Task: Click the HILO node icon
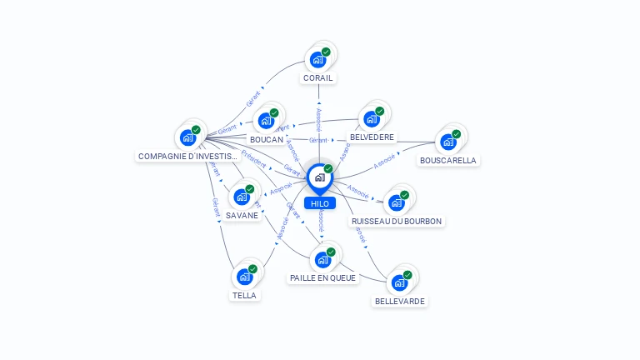tap(319, 177)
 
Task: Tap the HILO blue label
tap(319, 203)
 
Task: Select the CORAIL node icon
tap(317, 59)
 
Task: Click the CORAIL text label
tap(318, 78)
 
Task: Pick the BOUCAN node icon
tap(266, 121)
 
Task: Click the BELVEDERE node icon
tap(372, 118)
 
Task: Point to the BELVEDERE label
tap(372, 137)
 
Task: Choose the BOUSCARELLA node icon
tap(448, 142)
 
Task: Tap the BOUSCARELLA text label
tap(448, 160)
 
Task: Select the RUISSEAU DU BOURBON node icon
tap(397, 202)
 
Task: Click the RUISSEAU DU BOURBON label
tap(397, 221)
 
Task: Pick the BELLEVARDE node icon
tap(399, 282)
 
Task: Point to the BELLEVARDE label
tap(400, 301)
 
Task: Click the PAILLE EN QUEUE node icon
tap(322, 259)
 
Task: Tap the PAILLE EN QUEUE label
tap(322, 277)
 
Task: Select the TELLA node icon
tap(245, 276)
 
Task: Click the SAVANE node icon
tap(242, 197)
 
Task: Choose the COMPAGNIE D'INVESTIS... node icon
tap(188, 137)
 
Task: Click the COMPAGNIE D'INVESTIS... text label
tap(188, 156)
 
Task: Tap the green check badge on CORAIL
tap(326, 52)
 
